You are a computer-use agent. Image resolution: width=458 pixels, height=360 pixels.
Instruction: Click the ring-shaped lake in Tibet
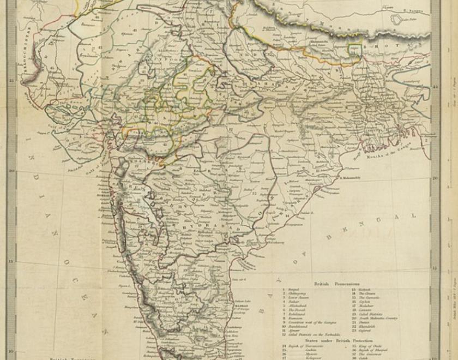(396, 20)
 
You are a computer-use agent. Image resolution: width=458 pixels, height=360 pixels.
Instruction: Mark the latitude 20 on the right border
(435, 178)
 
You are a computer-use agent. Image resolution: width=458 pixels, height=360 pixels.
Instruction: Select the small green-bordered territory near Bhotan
(355, 48)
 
